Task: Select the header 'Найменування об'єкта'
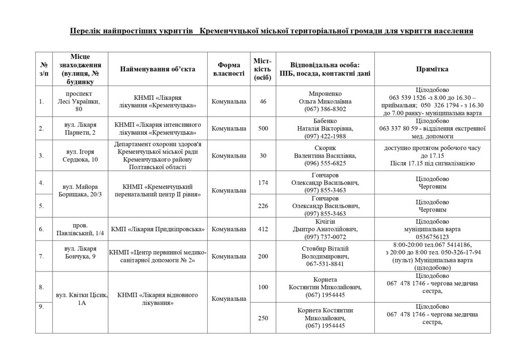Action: (x=158, y=70)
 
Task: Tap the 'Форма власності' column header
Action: (x=229, y=70)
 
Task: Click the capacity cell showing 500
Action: (x=263, y=129)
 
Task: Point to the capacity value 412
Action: (x=263, y=230)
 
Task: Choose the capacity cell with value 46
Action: (x=263, y=101)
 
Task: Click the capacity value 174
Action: (x=263, y=182)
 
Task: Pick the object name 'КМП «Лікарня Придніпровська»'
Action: (x=158, y=230)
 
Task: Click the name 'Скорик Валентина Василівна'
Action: (x=325, y=152)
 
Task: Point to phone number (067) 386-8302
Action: (x=325, y=109)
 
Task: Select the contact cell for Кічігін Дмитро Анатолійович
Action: (x=325, y=230)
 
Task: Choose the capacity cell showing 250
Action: (x=263, y=318)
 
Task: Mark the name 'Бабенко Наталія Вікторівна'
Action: (x=325, y=125)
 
